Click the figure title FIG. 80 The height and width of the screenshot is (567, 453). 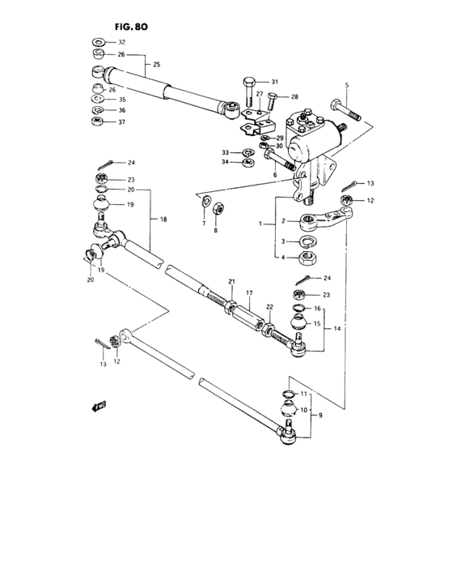click(129, 27)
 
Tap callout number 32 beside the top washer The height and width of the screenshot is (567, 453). click(122, 41)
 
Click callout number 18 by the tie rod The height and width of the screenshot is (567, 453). click(163, 220)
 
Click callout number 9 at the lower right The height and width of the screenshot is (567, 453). click(320, 416)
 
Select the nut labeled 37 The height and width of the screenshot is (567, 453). click(96, 122)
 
